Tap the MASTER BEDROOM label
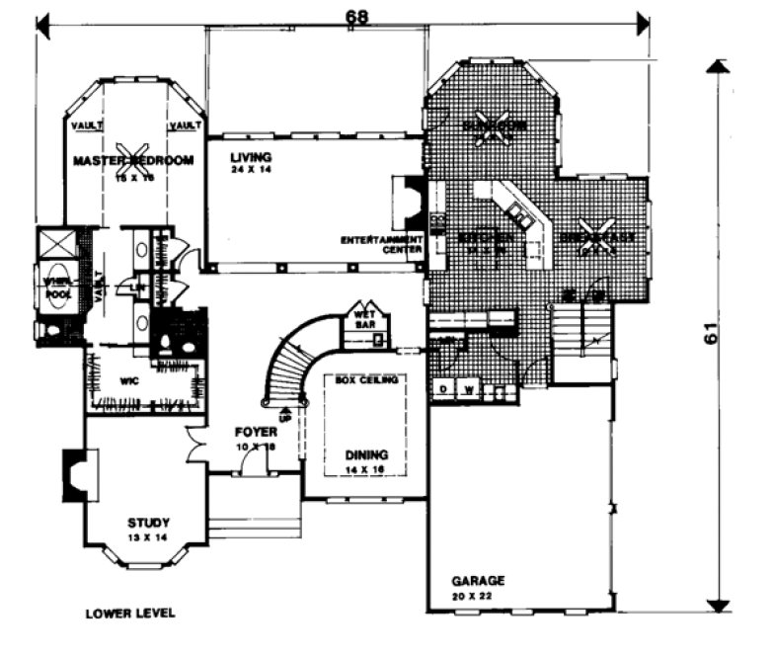pyautogui.click(x=133, y=159)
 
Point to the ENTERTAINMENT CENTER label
pyautogui.click(x=382, y=245)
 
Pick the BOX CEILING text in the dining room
pyautogui.click(x=366, y=380)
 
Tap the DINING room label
pyautogui.click(x=366, y=454)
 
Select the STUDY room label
pyautogui.click(x=148, y=523)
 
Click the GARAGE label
pyautogui.click(x=478, y=580)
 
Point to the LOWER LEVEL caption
pyautogui.click(x=130, y=614)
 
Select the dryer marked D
pyautogui.click(x=443, y=391)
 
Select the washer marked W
pyautogui.click(x=467, y=391)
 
